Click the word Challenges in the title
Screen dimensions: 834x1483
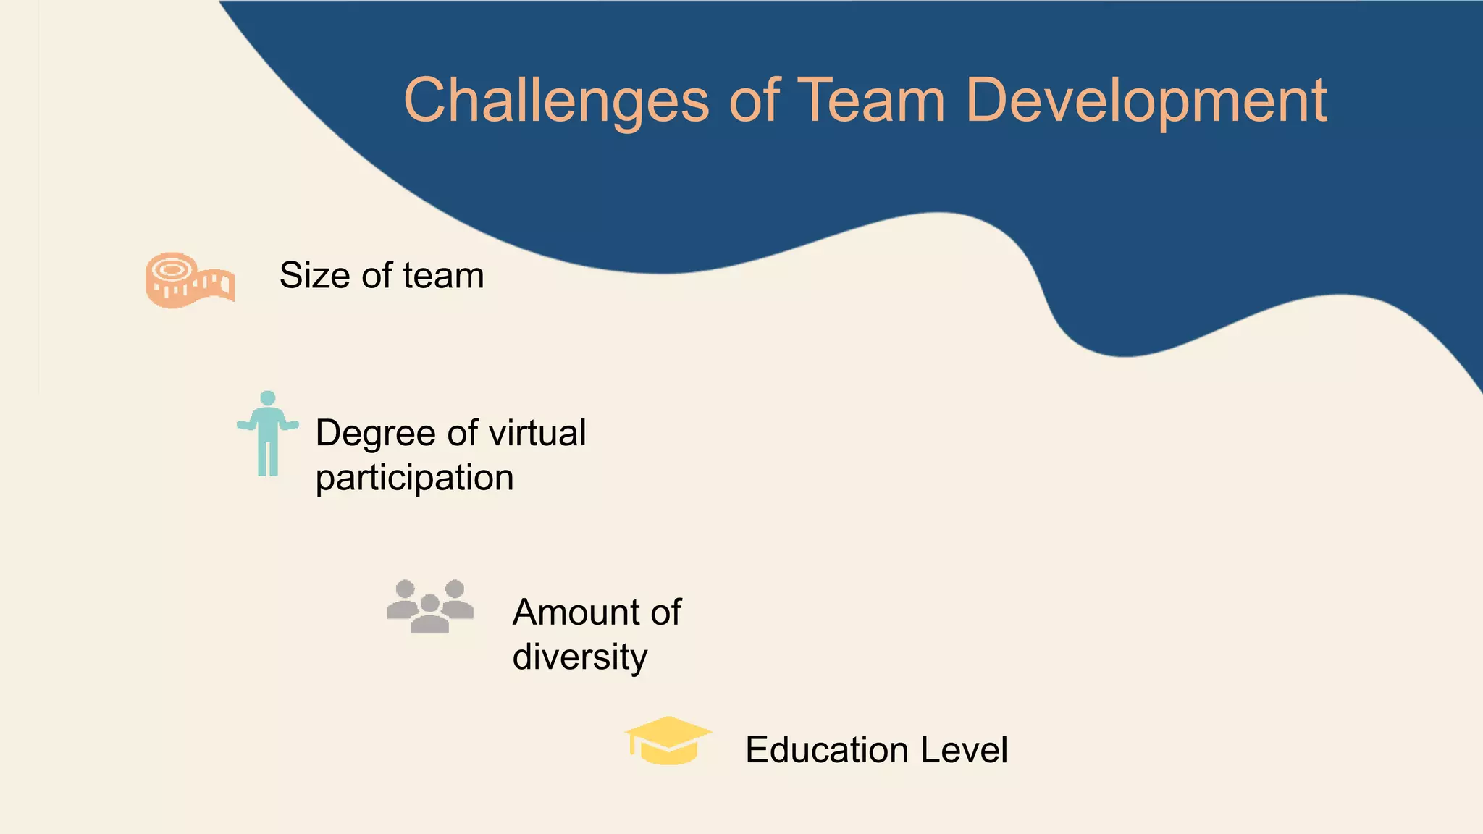556,101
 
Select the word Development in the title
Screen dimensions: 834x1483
1146,101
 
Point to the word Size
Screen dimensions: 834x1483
316,276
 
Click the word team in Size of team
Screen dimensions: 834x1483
443,276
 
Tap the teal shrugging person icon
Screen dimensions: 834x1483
268,434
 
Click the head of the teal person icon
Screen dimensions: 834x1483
268,398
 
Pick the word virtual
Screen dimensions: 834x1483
537,433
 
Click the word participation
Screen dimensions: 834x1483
414,479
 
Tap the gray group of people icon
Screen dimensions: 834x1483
430,607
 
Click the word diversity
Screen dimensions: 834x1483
579,657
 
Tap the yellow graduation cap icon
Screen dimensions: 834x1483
668,740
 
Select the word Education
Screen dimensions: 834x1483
826,750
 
